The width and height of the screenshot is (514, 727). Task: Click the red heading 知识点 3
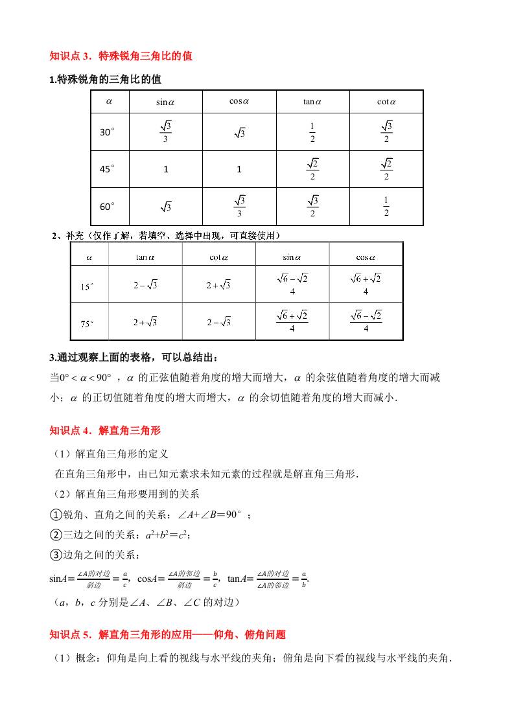121,56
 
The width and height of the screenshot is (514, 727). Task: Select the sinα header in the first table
165,102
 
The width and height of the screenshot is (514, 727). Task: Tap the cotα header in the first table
386,102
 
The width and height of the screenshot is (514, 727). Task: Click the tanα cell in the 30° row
312,132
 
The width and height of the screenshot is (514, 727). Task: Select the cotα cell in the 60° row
386,207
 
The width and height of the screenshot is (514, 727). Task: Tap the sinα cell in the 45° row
165,169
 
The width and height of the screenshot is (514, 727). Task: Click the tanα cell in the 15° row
145,285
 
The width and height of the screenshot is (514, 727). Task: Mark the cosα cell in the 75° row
366,321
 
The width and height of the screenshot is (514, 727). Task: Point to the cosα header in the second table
366,257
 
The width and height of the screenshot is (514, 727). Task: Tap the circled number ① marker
55,515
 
